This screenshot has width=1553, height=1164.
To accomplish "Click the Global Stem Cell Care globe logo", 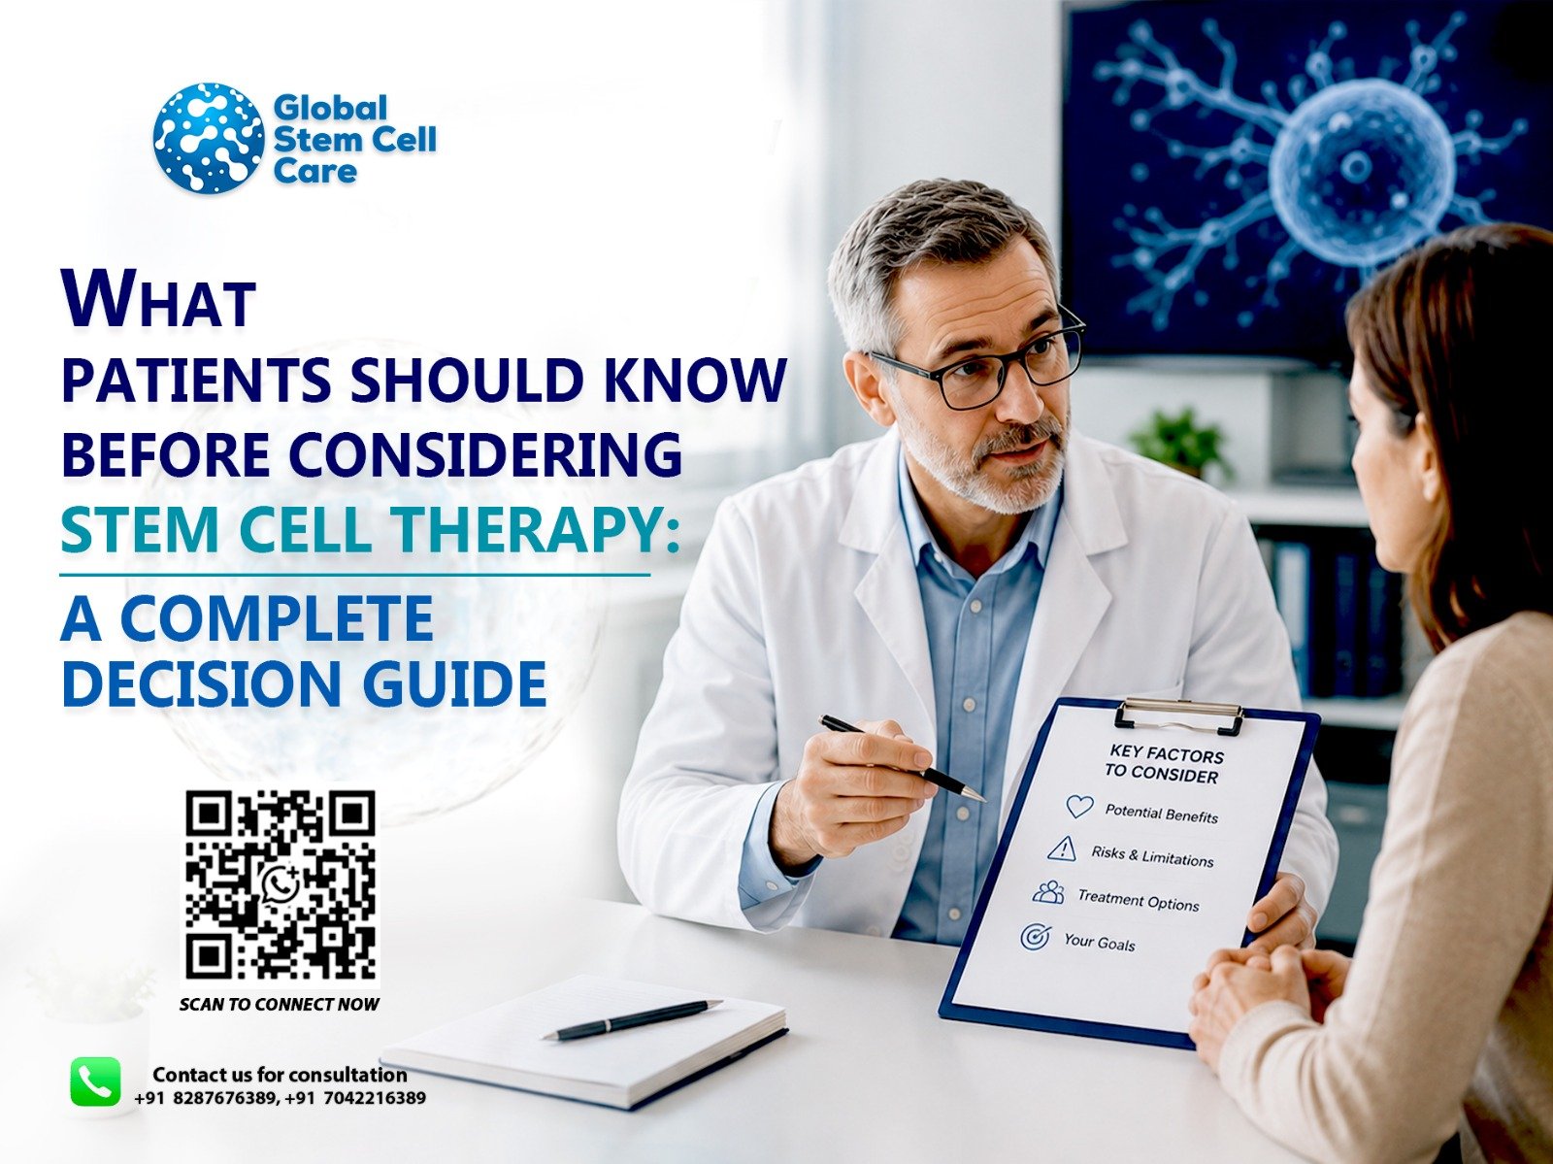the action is click(209, 139).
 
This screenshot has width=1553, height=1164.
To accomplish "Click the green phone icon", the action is click(95, 1081).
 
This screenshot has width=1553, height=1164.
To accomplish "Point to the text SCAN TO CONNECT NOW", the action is click(280, 1004).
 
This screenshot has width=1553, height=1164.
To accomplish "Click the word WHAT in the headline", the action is click(158, 298).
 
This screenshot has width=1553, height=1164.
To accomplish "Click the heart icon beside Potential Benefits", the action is click(1079, 806).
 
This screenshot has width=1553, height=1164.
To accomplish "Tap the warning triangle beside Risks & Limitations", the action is click(1062, 848).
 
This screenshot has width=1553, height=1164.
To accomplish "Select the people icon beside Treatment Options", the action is click(1048, 892).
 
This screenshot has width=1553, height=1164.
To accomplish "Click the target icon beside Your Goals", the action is click(1035, 937).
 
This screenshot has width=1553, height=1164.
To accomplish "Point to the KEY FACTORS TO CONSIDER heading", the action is click(1164, 763).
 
